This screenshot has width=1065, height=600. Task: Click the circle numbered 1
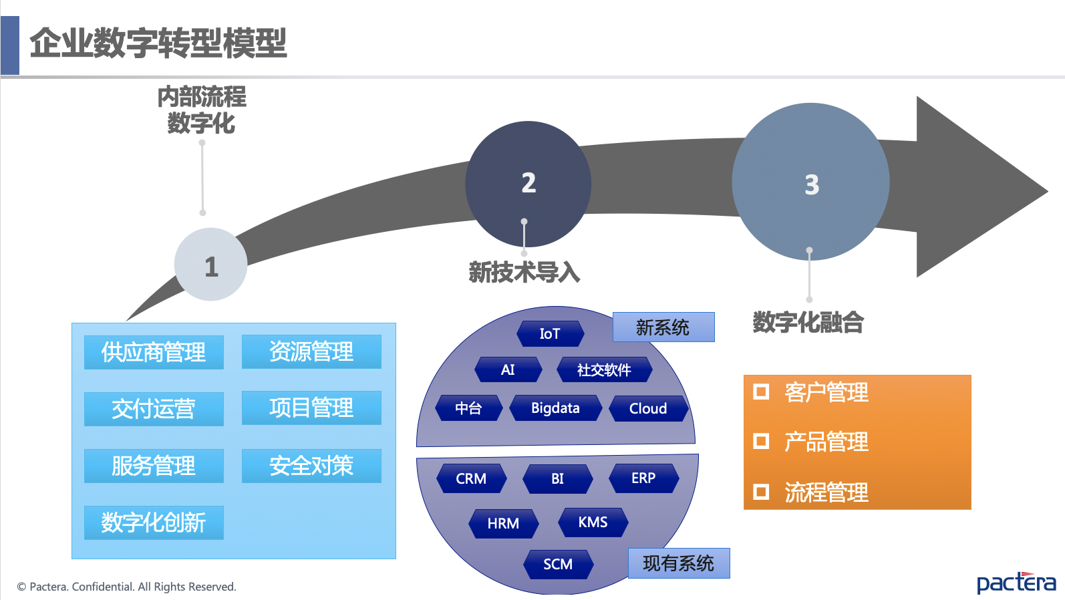click(210, 265)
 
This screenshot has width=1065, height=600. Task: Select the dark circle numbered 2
click(528, 183)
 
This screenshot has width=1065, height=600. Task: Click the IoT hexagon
click(550, 333)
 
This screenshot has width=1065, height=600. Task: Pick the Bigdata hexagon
click(555, 408)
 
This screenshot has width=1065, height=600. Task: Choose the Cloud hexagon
click(648, 408)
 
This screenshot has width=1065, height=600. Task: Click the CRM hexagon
click(471, 478)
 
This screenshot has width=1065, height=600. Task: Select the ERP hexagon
click(643, 478)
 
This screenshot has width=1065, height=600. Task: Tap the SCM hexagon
click(558, 565)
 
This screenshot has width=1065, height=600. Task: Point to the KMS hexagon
click(593, 522)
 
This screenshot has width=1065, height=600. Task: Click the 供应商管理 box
click(154, 352)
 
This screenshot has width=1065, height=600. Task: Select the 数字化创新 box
click(154, 522)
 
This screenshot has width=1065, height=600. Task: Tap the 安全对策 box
click(311, 466)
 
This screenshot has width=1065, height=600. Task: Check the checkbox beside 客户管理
click(761, 392)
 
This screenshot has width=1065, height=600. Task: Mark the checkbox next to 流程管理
click(761, 492)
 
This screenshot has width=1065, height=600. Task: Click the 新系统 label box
click(663, 327)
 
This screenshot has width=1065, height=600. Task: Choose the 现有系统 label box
click(678, 563)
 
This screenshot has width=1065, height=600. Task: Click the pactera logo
click(1016, 582)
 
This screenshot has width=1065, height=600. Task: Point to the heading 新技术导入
click(524, 273)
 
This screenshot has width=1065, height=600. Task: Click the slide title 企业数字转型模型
click(158, 43)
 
